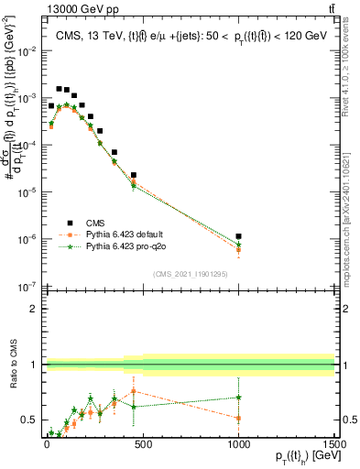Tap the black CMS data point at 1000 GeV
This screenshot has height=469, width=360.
coord(238,236)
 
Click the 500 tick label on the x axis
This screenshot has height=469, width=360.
coord(142,442)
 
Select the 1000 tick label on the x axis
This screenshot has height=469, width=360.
coord(238,442)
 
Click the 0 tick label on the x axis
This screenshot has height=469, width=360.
coord(46,442)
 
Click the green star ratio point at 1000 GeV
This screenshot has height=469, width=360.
coord(238,398)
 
